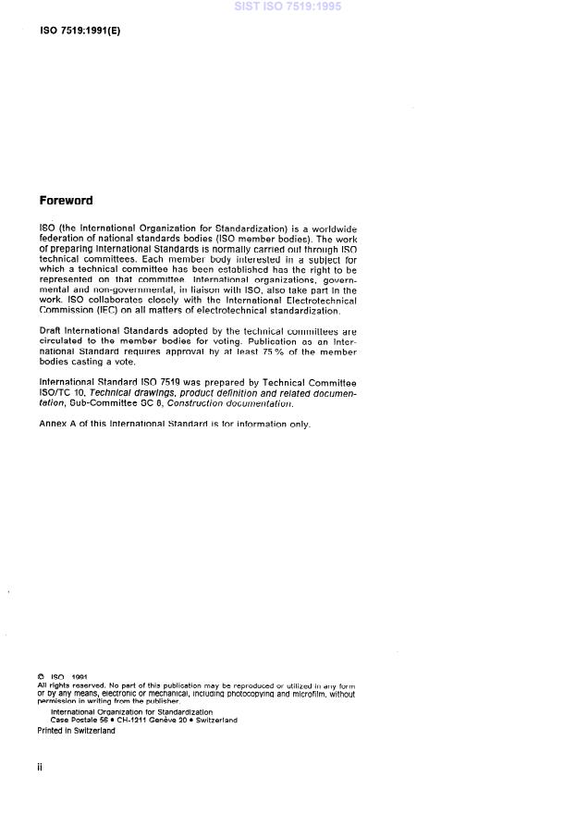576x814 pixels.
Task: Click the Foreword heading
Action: click(x=66, y=200)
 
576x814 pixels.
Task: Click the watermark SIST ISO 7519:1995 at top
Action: click(x=288, y=7)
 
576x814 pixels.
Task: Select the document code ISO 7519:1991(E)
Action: click(x=80, y=31)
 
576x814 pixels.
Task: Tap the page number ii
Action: click(x=40, y=767)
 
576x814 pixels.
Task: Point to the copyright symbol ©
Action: click(x=41, y=676)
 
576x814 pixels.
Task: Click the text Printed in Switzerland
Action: click(x=77, y=730)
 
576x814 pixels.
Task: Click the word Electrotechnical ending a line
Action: click(x=323, y=301)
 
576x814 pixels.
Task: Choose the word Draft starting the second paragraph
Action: click(x=52, y=331)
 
